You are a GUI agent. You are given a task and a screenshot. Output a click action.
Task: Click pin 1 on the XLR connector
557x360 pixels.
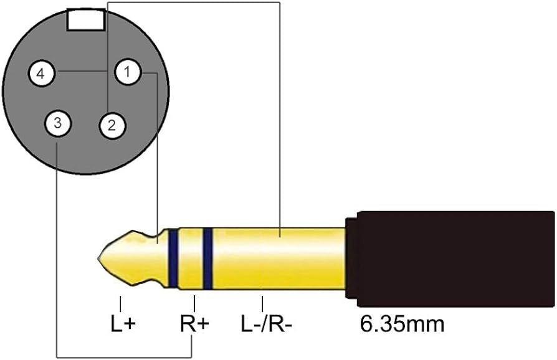(128, 72)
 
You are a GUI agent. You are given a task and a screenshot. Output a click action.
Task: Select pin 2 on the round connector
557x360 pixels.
(112, 125)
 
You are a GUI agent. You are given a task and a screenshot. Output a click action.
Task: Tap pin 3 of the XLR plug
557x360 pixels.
(57, 123)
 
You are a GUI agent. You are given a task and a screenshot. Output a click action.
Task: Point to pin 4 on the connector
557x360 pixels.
(42, 74)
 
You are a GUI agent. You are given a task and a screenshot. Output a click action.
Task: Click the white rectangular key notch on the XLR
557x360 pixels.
(86, 20)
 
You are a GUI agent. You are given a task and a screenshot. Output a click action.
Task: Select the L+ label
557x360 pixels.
(123, 324)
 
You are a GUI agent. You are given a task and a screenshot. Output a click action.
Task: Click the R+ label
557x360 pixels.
(194, 324)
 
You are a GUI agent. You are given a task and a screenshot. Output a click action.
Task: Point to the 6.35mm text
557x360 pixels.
(402, 324)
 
